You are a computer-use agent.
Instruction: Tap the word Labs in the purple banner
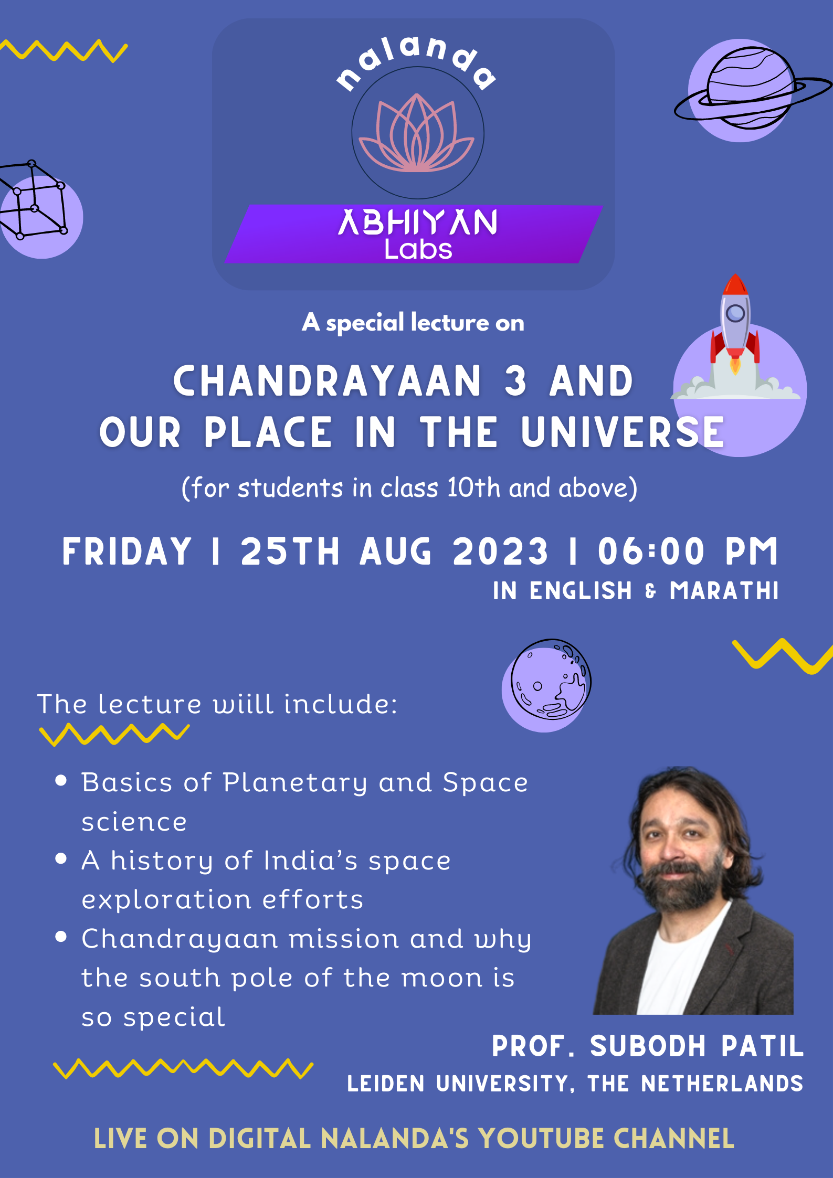pyautogui.click(x=418, y=249)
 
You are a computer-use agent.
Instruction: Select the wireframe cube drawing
pyautogui.click(x=33, y=199)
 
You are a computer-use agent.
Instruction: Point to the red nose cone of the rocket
pyautogui.click(x=735, y=284)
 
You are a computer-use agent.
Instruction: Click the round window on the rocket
pyautogui.click(x=735, y=313)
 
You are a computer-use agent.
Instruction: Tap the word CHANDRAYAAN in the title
pyautogui.click(x=327, y=381)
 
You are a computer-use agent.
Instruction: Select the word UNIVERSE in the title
pyautogui.click(x=623, y=432)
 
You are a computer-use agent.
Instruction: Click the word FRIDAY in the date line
pyautogui.click(x=127, y=551)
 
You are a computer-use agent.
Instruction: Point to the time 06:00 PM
pyautogui.click(x=688, y=551)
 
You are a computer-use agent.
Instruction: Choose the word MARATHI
pyautogui.click(x=724, y=591)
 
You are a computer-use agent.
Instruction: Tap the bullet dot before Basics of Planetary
pyautogui.click(x=61, y=781)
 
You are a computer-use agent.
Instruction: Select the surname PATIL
pyautogui.click(x=762, y=1046)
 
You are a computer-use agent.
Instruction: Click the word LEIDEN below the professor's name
pyautogui.click(x=386, y=1084)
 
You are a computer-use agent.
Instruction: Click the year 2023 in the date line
pyautogui.click(x=500, y=551)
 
